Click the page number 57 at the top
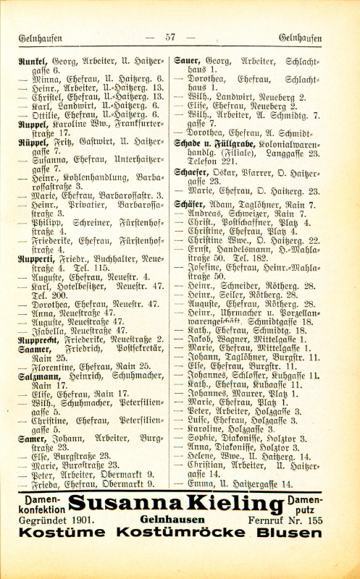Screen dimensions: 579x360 click(x=170, y=38)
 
